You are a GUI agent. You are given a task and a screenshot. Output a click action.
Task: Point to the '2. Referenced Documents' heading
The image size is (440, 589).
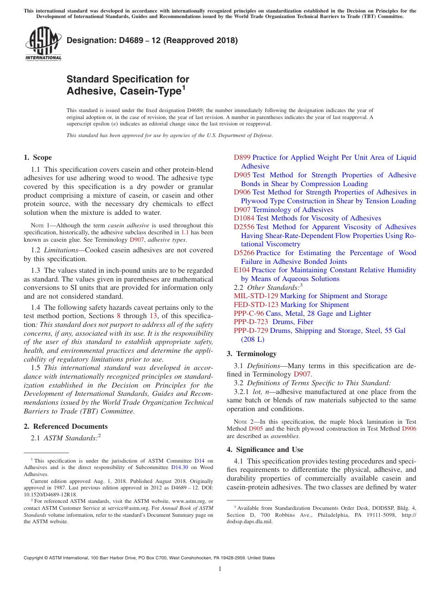65,426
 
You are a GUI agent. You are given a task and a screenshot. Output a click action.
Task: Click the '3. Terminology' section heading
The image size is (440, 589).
251,354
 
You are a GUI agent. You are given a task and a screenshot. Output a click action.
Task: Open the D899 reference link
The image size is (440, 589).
242,157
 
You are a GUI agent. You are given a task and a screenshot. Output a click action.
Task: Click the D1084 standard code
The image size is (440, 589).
244,218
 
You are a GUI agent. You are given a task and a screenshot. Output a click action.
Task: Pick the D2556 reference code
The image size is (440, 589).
244,227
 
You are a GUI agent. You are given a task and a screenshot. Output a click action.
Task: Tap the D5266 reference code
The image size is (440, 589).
244,253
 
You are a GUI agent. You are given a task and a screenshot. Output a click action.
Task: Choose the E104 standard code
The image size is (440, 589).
242,270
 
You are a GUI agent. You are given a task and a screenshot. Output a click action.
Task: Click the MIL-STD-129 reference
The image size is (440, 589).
256,296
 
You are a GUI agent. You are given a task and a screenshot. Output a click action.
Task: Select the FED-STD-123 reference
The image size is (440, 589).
256,305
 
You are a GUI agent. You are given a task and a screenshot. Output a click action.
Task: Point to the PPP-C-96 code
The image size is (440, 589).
249,313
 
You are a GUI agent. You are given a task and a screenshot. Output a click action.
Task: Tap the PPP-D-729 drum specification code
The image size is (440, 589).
251,331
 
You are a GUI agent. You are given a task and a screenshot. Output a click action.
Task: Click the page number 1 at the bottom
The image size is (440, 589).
220,569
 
